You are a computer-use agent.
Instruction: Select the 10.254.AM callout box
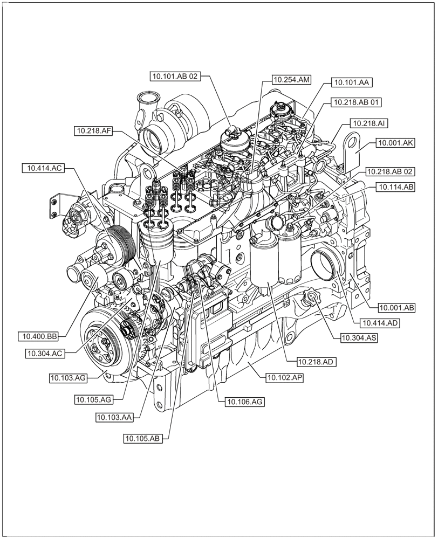[x=291, y=80]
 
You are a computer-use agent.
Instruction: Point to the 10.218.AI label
[x=369, y=123]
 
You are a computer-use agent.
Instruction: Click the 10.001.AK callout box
[x=395, y=143]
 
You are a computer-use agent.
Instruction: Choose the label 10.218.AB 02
[x=390, y=172]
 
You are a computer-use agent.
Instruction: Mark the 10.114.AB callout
[x=395, y=187]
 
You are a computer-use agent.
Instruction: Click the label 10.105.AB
[x=143, y=439]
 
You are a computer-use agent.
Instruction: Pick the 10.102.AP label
[x=284, y=378]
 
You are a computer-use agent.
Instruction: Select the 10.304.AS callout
[x=359, y=338]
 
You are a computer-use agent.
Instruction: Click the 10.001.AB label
[x=396, y=308]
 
